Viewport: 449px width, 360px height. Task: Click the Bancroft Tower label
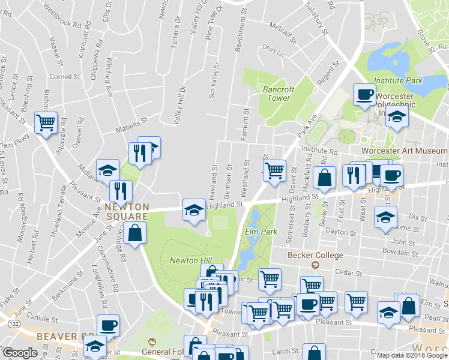[279, 94]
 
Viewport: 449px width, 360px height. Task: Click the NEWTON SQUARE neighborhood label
[127, 211]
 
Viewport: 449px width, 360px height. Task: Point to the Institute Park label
[398, 80]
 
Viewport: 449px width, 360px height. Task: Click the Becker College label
[315, 255]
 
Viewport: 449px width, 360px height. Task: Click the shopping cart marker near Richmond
[46, 122]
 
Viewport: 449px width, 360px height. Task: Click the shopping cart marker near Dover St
[275, 170]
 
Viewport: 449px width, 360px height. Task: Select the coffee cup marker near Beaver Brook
[109, 325]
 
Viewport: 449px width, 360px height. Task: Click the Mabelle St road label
[133, 122]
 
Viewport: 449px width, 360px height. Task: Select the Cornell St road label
[65, 77]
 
